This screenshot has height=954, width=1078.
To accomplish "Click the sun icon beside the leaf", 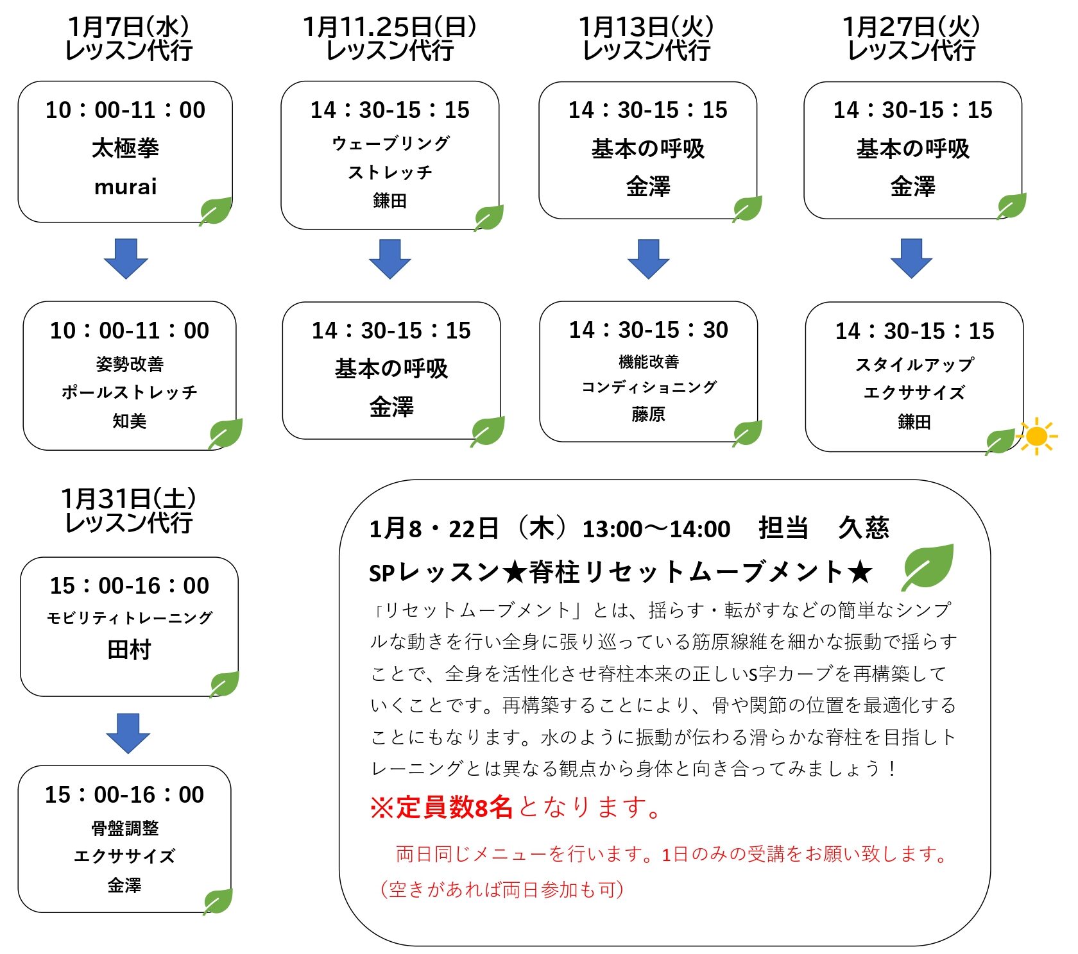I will pos(1036,437).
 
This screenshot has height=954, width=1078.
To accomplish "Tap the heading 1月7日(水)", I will pos(128,27).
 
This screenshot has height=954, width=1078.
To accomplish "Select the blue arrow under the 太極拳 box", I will pos(126,258).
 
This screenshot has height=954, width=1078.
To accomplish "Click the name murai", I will pos(126,187).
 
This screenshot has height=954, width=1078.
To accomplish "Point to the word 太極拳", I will pos(126,148).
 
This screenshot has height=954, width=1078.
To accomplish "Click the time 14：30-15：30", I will pos(648,330).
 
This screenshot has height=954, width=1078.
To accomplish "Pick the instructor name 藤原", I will pos(648,414).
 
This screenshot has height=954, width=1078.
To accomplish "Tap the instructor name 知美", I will pos(130,421).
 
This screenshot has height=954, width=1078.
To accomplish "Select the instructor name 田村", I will pos(129,650).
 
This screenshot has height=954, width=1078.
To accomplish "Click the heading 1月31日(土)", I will pos(128,499).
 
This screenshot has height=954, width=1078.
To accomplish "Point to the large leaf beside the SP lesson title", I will pos(928,566).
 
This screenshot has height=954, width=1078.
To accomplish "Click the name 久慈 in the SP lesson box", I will pos(863,528).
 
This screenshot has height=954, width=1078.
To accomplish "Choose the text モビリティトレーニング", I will pos(129,617).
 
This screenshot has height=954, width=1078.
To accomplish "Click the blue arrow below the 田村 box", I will pos(128,732).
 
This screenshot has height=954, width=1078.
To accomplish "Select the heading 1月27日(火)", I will pos(911,27).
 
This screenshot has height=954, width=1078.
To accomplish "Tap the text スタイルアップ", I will pos(914,364).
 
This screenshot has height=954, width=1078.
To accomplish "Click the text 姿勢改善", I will pos(130,364).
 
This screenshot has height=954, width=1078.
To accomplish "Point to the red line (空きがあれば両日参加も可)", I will pos(502,889).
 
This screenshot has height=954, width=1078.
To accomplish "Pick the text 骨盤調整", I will pos(124,828).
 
